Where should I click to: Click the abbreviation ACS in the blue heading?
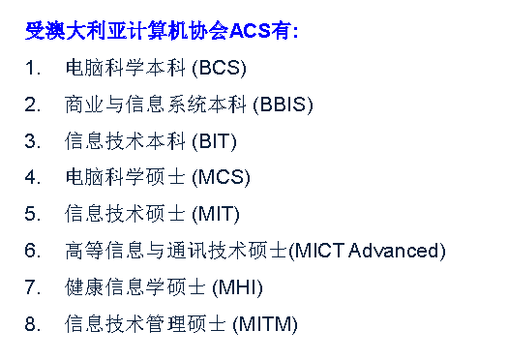click(x=249, y=31)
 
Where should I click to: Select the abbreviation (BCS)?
click(x=219, y=69)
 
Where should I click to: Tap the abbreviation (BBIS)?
click(x=283, y=105)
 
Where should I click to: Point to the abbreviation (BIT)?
click(x=214, y=141)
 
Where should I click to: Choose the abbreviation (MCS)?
click(x=221, y=178)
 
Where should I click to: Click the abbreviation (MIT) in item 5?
click(x=216, y=215)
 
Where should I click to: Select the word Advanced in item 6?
click(x=394, y=251)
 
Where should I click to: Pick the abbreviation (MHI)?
click(x=237, y=287)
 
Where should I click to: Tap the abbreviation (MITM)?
click(x=265, y=324)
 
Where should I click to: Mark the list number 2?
click(x=32, y=105)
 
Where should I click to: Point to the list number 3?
click(x=32, y=141)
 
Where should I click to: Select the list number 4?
click(x=32, y=177)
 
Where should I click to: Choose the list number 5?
click(x=32, y=214)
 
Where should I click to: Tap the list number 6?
click(x=32, y=251)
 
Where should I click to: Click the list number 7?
click(x=32, y=287)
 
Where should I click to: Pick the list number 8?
click(x=32, y=324)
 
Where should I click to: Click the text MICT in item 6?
click(x=318, y=251)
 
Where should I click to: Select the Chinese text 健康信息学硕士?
click(x=135, y=287)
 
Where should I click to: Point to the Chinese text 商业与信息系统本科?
click(x=156, y=105)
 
